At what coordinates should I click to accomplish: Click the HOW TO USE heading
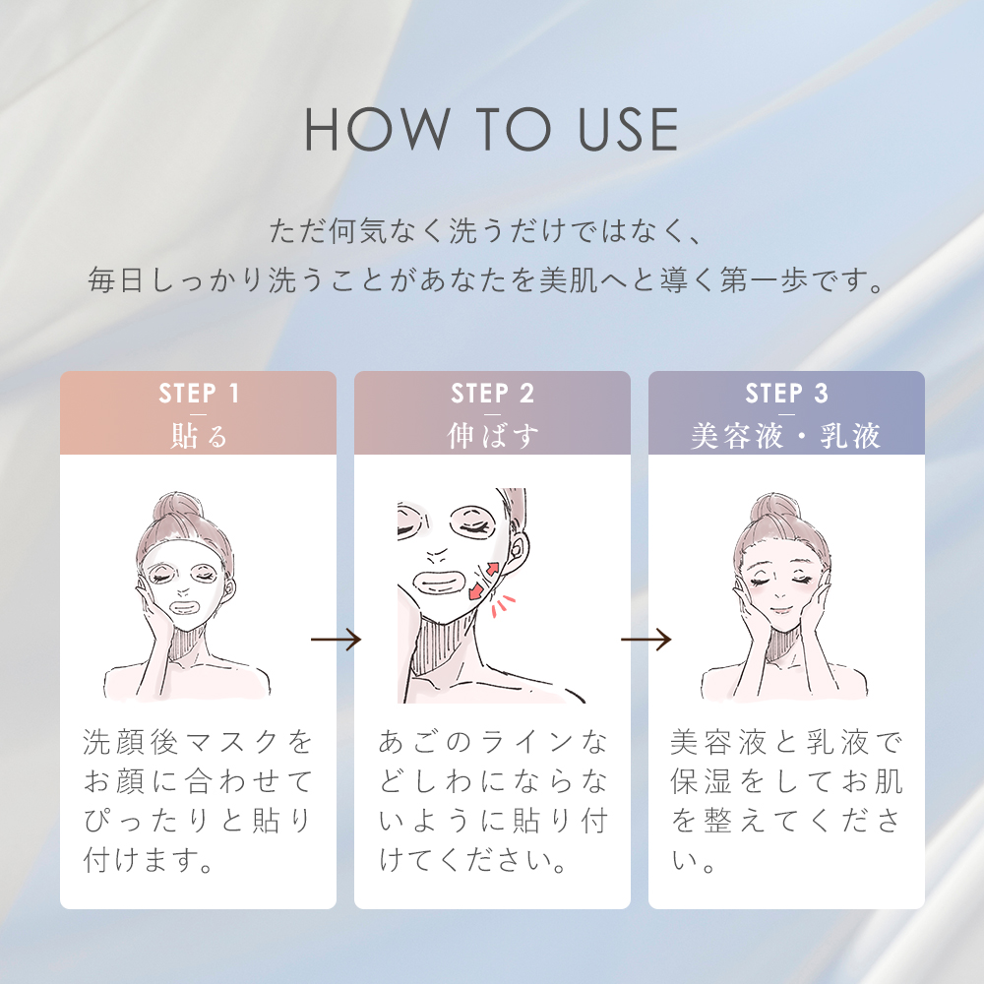coord(491,128)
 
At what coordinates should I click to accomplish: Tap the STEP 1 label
coord(198,395)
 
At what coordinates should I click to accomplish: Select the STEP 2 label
coord(492,395)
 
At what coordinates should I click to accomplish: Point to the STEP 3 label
coord(786,395)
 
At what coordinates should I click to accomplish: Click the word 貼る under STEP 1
coord(198,436)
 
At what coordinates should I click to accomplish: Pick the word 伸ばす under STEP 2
coord(492,436)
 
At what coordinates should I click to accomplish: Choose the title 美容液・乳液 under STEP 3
coord(786,436)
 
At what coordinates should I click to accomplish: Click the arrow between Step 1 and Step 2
coord(336,641)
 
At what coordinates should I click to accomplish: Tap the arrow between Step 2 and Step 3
coord(646,641)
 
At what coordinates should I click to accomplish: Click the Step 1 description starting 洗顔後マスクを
coord(198,802)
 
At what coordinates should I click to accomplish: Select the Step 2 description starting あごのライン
coord(492,802)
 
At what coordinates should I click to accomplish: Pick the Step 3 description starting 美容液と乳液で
coord(786,802)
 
